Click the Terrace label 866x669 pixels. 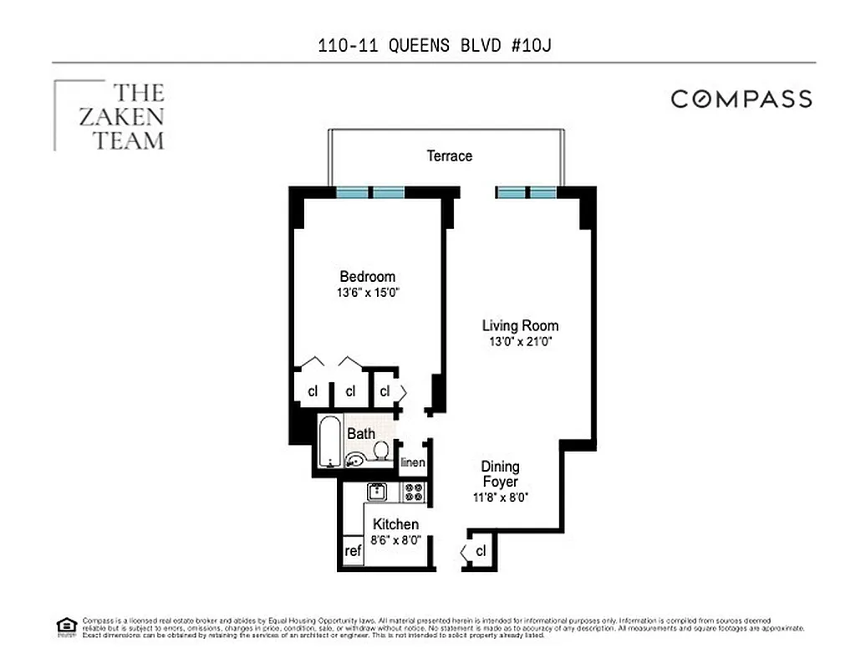pyautogui.click(x=449, y=156)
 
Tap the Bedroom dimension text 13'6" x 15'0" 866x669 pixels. pyautogui.click(x=367, y=294)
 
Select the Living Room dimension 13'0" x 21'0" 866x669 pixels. pyautogui.click(x=519, y=342)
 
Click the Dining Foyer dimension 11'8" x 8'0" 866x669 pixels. pyautogui.click(x=500, y=497)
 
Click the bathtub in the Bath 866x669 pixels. pyautogui.click(x=329, y=441)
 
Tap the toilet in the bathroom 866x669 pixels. pyautogui.click(x=381, y=451)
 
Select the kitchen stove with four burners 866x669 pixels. pyautogui.click(x=413, y=491)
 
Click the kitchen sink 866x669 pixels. pyautogui.click(x=377, y=491)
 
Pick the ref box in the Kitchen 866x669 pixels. pyautogui.click(x=353, y=551)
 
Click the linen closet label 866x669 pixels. pyautogui.click(x=413, y=462)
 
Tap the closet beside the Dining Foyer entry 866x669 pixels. pyautogui.click(x=481, y=551)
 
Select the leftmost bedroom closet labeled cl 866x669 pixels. pyautogui.click(x=313, y=391)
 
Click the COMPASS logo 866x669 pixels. pyautogui.click(x=741, y=99)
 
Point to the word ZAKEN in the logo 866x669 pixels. pyautogui.click(x=121, y=116)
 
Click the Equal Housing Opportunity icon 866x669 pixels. pyautogui.click(x=65, y=626)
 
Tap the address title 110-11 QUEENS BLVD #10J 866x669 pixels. pyautogui.click(x=434, y=45)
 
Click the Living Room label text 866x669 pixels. pyautogui.click(x=520, y=325)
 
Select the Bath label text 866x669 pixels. pyautogui.click(x=361, y=433)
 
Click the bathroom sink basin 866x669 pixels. pyautogui.click(x=355, y=458)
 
